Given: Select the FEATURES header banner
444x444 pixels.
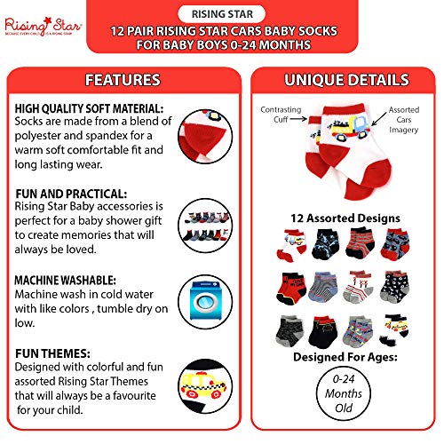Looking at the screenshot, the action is point(123,80).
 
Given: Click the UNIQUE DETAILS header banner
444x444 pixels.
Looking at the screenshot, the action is point(344,80).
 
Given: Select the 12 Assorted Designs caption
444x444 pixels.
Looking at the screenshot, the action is point(344,218).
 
